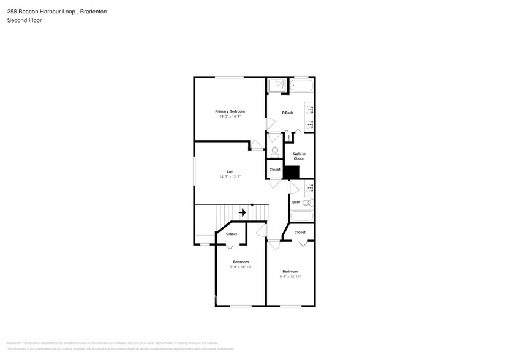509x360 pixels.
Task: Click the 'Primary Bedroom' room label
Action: point(230,111)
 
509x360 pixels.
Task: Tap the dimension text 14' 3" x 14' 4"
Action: point(230,116)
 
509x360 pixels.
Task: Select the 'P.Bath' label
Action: point(287,113)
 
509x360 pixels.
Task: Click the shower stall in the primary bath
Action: point(277,85)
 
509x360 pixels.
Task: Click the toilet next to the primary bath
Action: point(274,151)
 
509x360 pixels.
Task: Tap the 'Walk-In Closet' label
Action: point(299,156)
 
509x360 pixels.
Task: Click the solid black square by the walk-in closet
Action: point(292,173)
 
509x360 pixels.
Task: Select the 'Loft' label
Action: point(230,171)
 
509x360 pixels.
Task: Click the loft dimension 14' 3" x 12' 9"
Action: point(230,177)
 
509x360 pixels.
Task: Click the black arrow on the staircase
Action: point(243,212)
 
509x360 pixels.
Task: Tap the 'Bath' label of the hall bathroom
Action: point(296,202)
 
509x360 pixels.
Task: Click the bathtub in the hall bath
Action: point(301,216)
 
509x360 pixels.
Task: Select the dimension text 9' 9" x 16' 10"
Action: point(241,267)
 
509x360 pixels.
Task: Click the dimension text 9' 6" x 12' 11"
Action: point(290,276)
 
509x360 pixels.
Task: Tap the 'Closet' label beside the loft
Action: point(274,170)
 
